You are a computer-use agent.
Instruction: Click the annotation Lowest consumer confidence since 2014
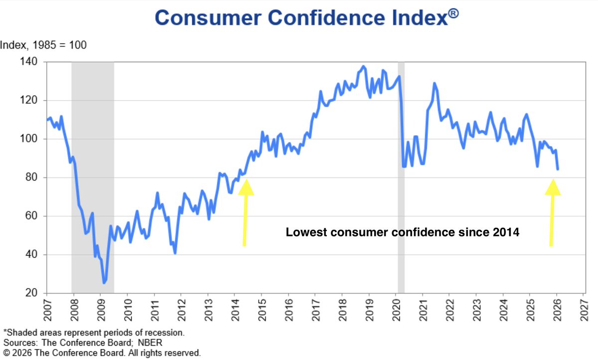(x=403, y=232)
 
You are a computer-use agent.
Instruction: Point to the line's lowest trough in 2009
(x=104, y=283)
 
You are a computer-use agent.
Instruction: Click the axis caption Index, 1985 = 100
(x=43, y=45)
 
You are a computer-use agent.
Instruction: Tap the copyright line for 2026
(x=102, y=353)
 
